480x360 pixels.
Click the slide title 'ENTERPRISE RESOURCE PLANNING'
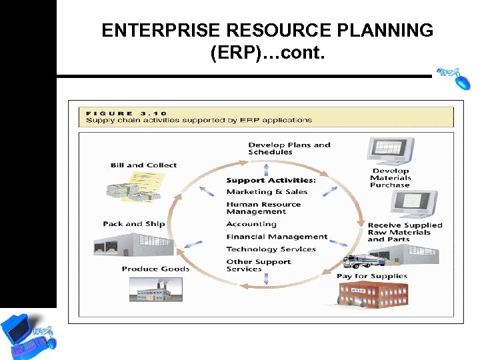[267, 31]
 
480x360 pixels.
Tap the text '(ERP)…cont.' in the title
[267, 53]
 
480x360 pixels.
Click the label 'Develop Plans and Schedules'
[289, 148]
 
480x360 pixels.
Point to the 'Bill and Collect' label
[143, 165]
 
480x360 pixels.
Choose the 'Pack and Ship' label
[133, 224]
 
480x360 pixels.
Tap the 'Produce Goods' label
[155, 269]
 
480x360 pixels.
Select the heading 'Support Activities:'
[271, 180]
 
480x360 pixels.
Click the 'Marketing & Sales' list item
[267, 192]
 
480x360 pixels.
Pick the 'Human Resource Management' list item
[263, 208]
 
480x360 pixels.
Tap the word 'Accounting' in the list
[251, 224]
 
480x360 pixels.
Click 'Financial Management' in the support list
[277, 237]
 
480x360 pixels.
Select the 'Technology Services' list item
[271, 249]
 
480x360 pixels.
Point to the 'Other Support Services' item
[258, 265]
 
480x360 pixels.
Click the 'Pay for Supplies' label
[371, 276]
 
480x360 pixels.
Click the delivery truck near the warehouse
[361, 261]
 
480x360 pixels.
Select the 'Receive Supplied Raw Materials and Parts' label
[405, 232]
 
